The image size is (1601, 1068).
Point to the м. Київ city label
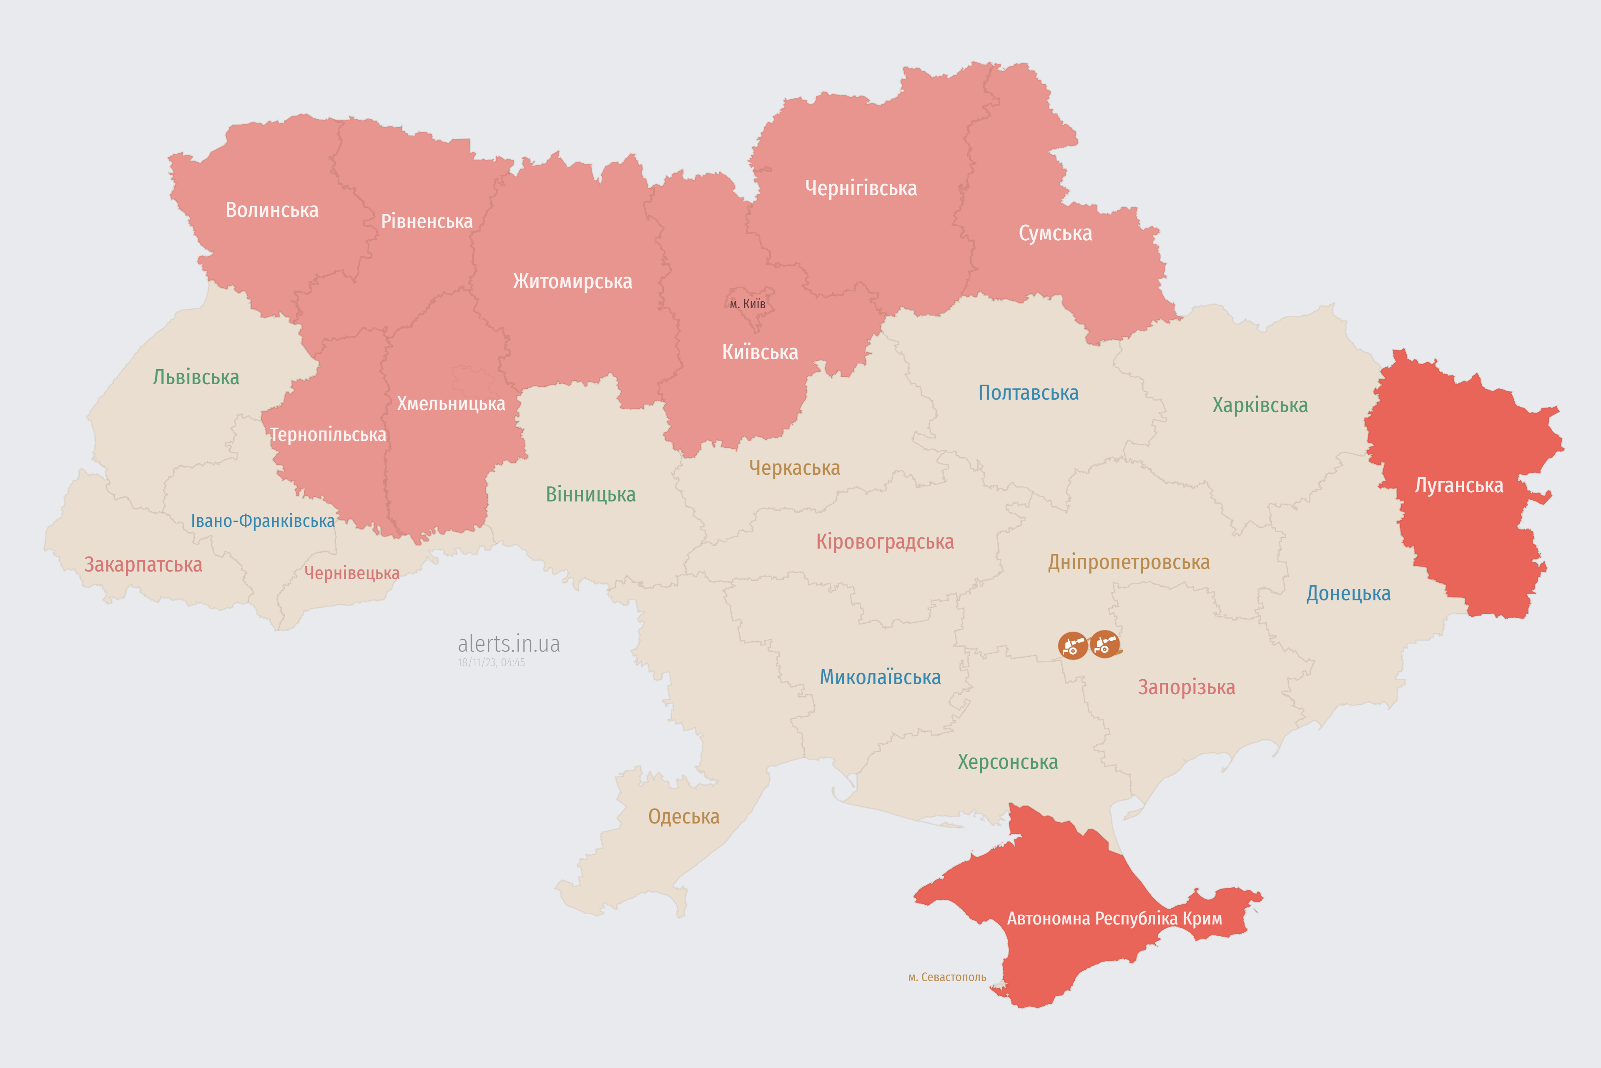pos(748,304)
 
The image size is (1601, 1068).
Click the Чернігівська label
pos(861,188)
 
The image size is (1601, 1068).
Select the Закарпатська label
pos(143,564)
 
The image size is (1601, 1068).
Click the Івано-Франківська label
pos(263,521)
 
